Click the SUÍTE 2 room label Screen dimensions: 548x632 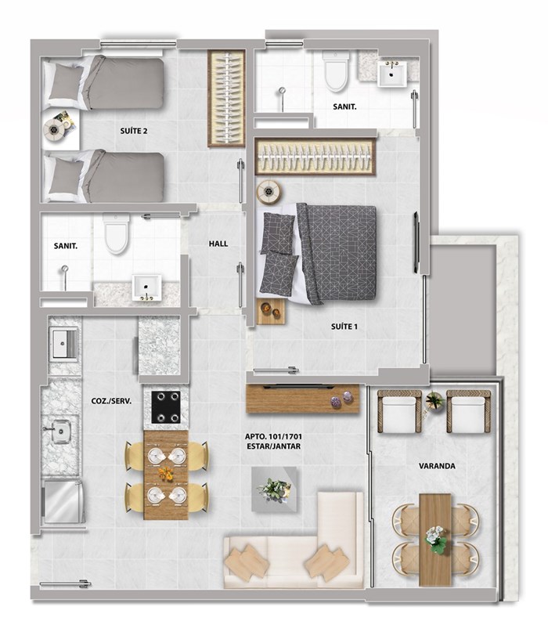[x=134, y=131]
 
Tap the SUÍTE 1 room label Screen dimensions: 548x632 [x=344, y=327]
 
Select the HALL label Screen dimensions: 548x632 [x=218, y=244]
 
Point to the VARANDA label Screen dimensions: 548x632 [x=437, y=466]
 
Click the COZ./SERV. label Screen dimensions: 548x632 [x=111, y=402]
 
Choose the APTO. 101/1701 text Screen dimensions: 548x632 [x=273, y=436]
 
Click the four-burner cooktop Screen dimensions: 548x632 [x=166, y=407]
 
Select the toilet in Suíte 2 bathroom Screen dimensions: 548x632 [x=117, y=234]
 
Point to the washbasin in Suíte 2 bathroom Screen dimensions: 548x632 [x=146, y=287]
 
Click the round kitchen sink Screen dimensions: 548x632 [x=61, y=432]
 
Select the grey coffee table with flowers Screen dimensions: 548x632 [x=275, y=489]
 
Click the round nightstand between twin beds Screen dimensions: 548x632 [x=54, y=130]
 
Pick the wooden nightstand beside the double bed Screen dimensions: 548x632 [x=271, y=311]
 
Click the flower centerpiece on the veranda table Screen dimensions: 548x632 [x=434, y=539]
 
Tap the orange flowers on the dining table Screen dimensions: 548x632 [x=166, y=473]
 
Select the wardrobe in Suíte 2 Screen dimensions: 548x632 [x=226, y=98]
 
